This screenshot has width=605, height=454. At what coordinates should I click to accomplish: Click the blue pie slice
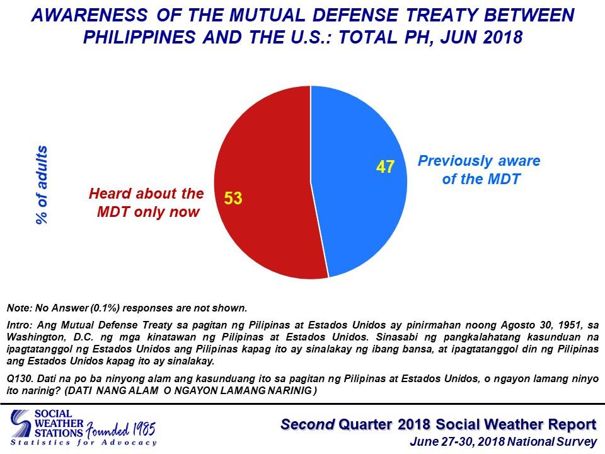point(359,208)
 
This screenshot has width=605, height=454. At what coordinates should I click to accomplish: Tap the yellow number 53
point(233,199)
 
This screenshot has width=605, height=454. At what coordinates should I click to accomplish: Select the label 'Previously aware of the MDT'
point(479,170)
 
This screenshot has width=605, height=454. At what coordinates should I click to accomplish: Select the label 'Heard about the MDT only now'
point(146,202)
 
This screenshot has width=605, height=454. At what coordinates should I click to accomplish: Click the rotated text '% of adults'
point(42,185)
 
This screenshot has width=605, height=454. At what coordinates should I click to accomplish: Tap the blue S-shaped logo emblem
point(21,424)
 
